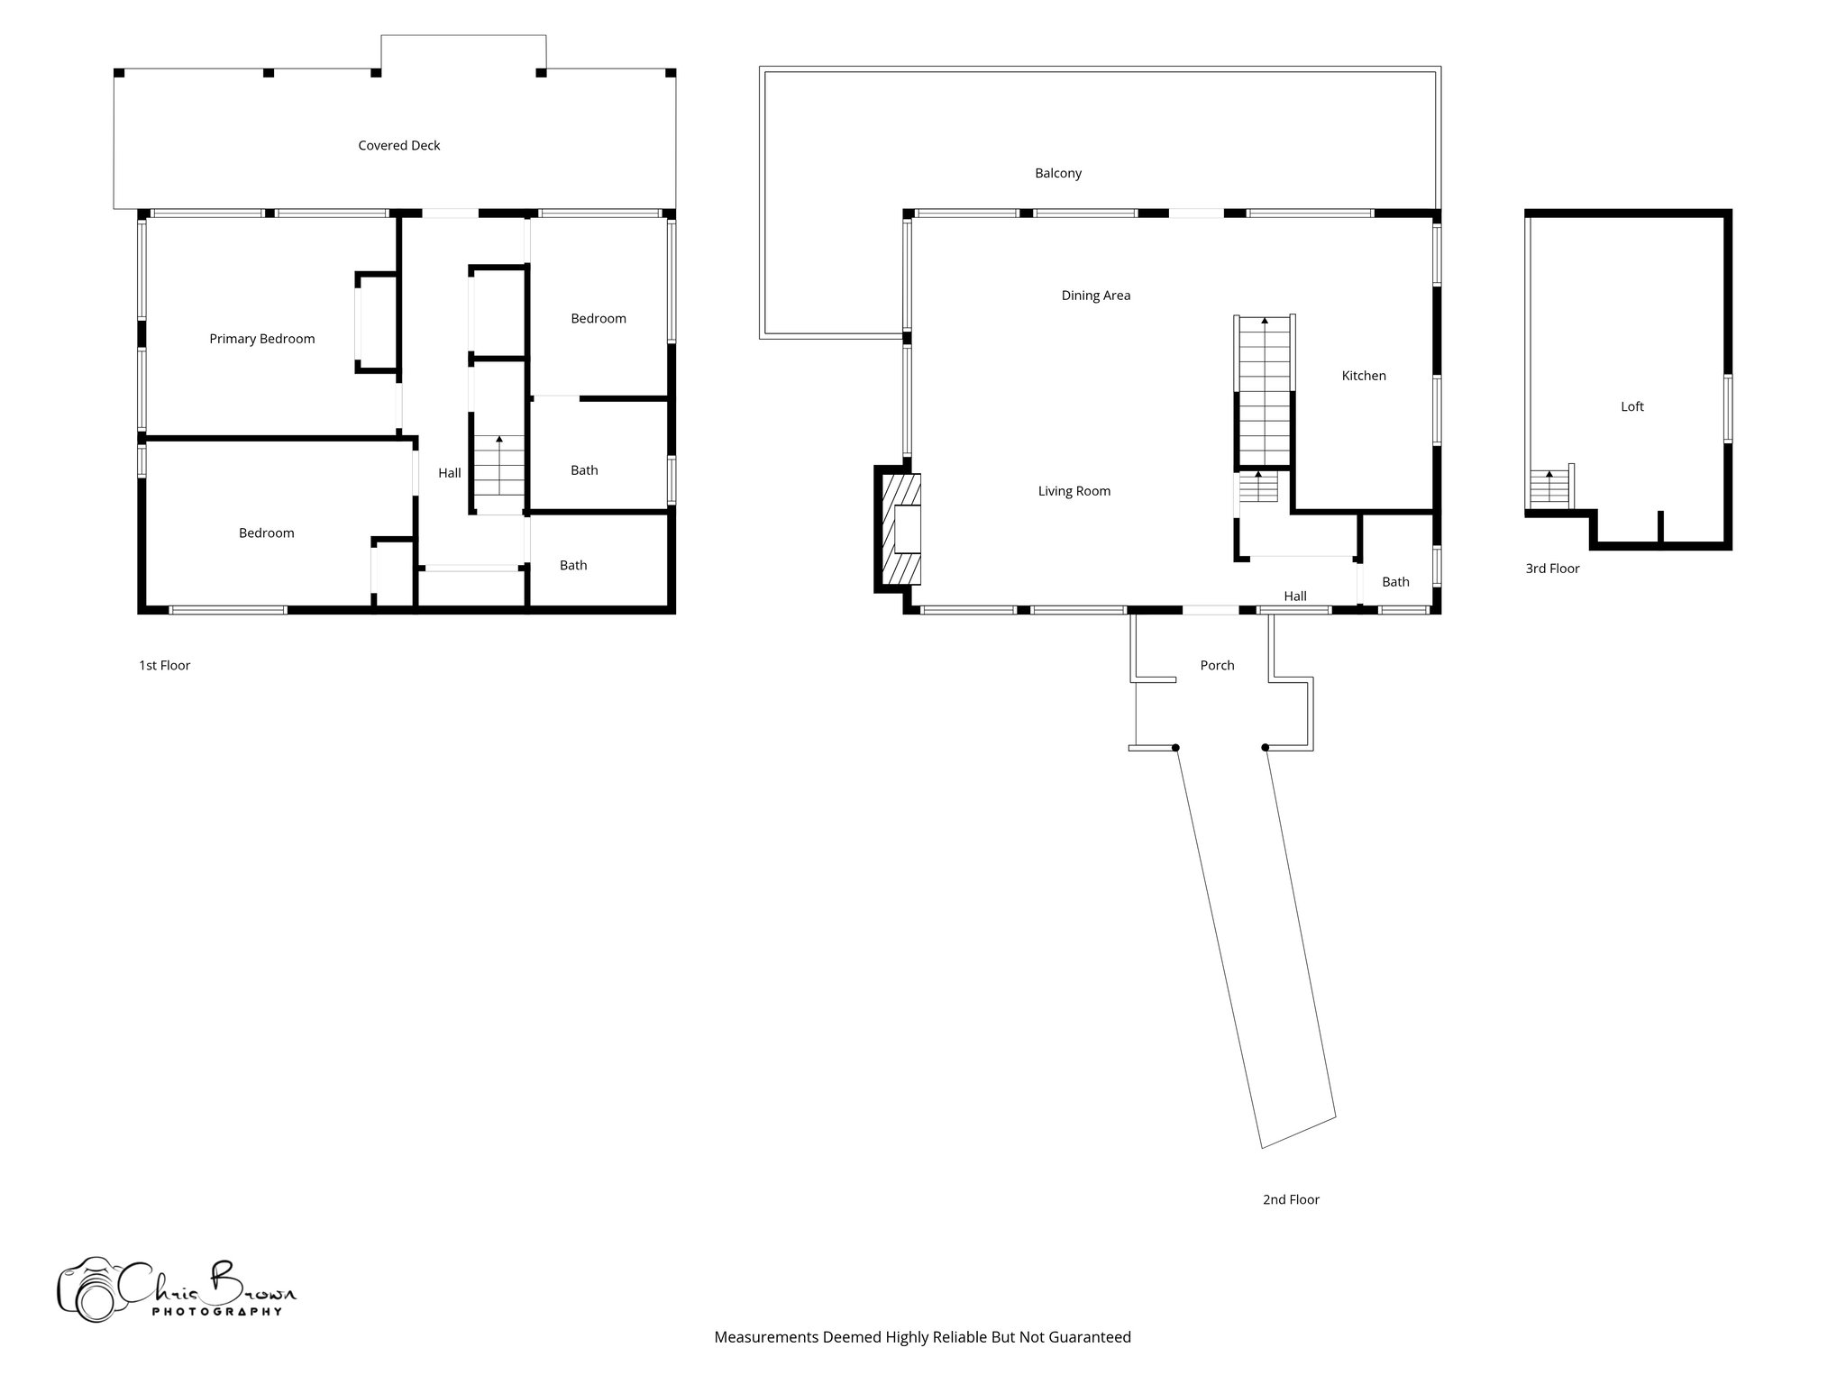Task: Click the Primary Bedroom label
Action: (262, 339)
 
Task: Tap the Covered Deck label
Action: (398, 145)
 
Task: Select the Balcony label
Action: (1058, 173)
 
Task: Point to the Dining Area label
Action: (1095, 296)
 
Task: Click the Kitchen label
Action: (1363, 376)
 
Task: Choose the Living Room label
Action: (1074, 491)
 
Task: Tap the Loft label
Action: (1631, 406)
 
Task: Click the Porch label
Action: (1217, 665)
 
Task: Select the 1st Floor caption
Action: (164, 665)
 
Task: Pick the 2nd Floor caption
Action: (1291, 1199)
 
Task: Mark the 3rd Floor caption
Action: (1552, 569)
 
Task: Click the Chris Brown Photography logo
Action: (176, 1289)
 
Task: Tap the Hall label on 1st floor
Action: (449, 473)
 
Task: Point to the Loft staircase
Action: (1549, 488)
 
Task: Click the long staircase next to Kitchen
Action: (1265, 392)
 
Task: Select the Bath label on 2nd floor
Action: (1395, 582)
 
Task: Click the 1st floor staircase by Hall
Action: (498, 475)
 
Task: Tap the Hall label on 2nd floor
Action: (1295, 596)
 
